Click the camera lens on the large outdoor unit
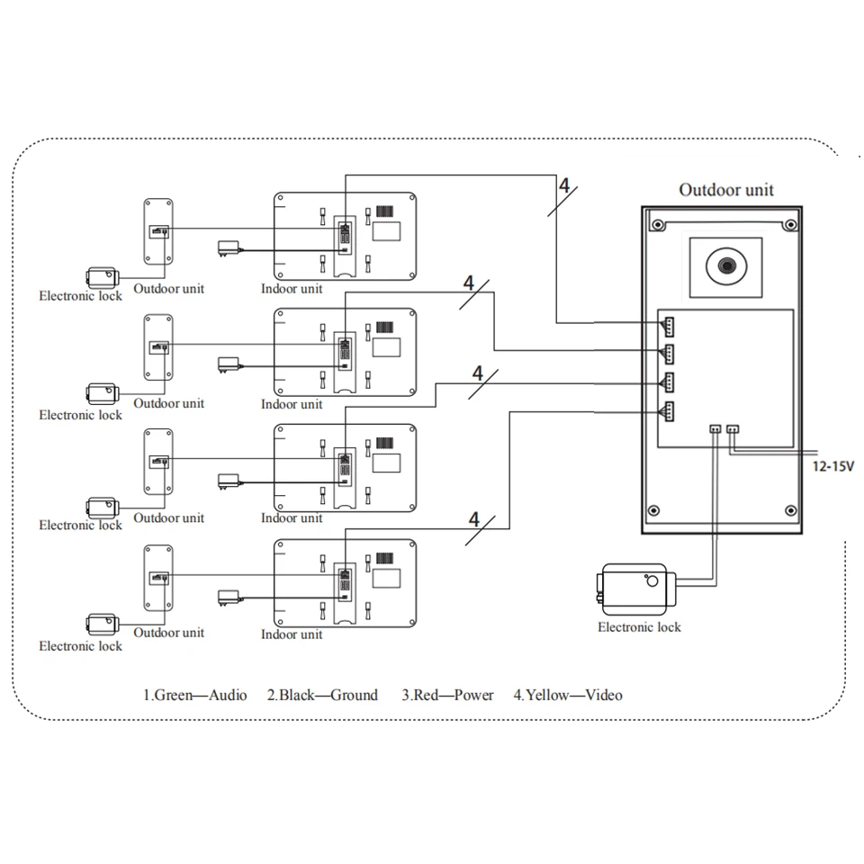(726, 266)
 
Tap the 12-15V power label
(832, 466)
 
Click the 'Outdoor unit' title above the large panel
(726, 190)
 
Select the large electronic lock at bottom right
(636, 589)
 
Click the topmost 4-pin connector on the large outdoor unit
(668, 327)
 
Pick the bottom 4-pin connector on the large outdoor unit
(668, 411)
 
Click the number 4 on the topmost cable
(564, 185)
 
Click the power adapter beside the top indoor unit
(229, 248)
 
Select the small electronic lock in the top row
(103, 277)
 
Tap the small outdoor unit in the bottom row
(158, 578)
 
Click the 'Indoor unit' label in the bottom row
(292, 634)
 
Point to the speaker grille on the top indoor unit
(385, 211)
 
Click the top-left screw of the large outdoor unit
(657, 224)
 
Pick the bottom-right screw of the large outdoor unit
(791, 510)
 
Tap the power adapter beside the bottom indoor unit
(229, 598)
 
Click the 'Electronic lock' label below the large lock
(639, 627)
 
